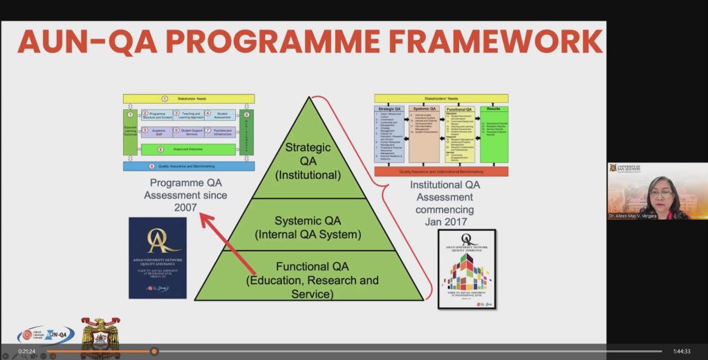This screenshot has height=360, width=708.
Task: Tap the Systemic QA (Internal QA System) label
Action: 308,227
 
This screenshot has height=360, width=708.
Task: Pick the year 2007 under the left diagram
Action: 185,207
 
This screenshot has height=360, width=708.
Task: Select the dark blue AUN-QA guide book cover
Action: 157,258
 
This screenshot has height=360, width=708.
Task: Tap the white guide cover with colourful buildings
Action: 467,269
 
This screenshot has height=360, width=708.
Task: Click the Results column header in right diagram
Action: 494,109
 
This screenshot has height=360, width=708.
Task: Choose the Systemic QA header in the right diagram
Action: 423,109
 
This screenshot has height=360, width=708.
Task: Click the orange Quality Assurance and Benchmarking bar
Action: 441,171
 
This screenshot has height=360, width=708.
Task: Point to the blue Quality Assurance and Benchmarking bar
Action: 189,166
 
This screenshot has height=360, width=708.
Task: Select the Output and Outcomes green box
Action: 189,149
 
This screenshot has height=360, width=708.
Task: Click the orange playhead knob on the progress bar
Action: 154,351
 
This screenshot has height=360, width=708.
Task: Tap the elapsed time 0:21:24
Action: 27,352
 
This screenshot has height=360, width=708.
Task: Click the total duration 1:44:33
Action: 682,352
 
